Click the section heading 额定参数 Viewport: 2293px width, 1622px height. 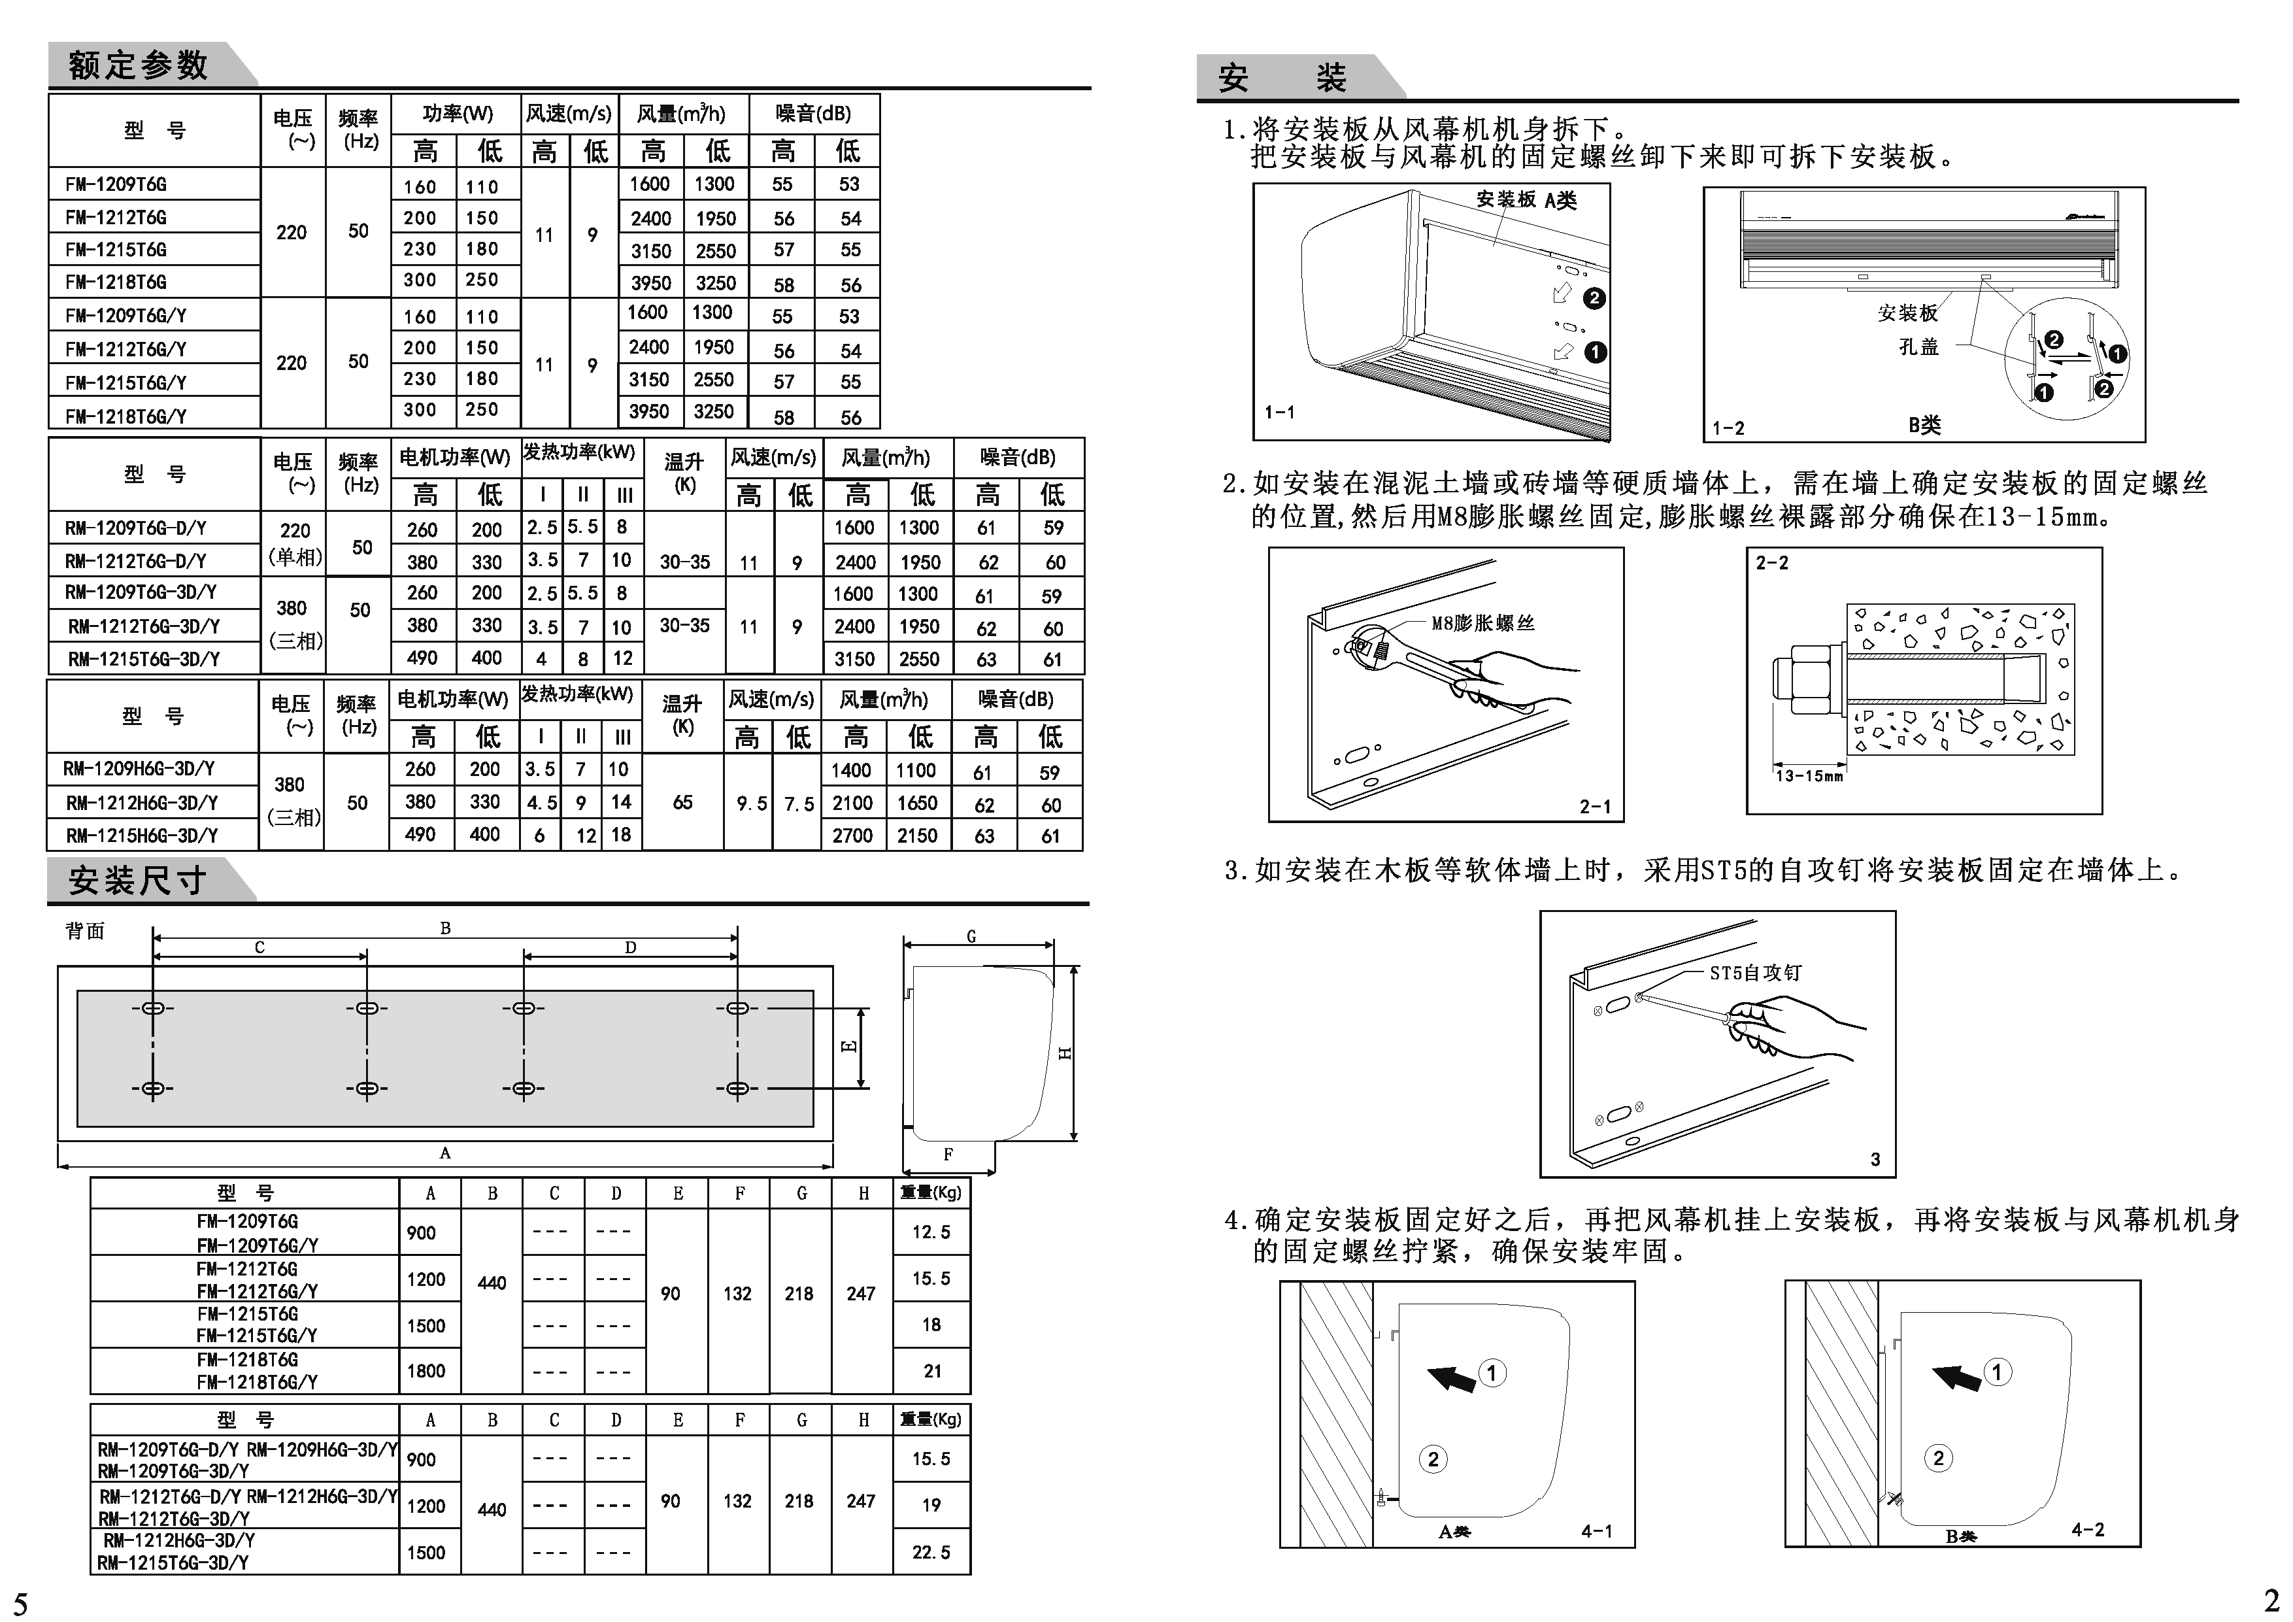[138, 66]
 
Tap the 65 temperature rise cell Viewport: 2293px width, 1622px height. [682, 802]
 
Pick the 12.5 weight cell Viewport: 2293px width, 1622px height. [931, 1232]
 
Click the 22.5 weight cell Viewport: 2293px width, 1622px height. [931, 1552]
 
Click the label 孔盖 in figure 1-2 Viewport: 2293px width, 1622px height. [1918, 346]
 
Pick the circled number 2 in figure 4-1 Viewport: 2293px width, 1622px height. [1433, 1459]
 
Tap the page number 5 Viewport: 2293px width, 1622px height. [21, 1603]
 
